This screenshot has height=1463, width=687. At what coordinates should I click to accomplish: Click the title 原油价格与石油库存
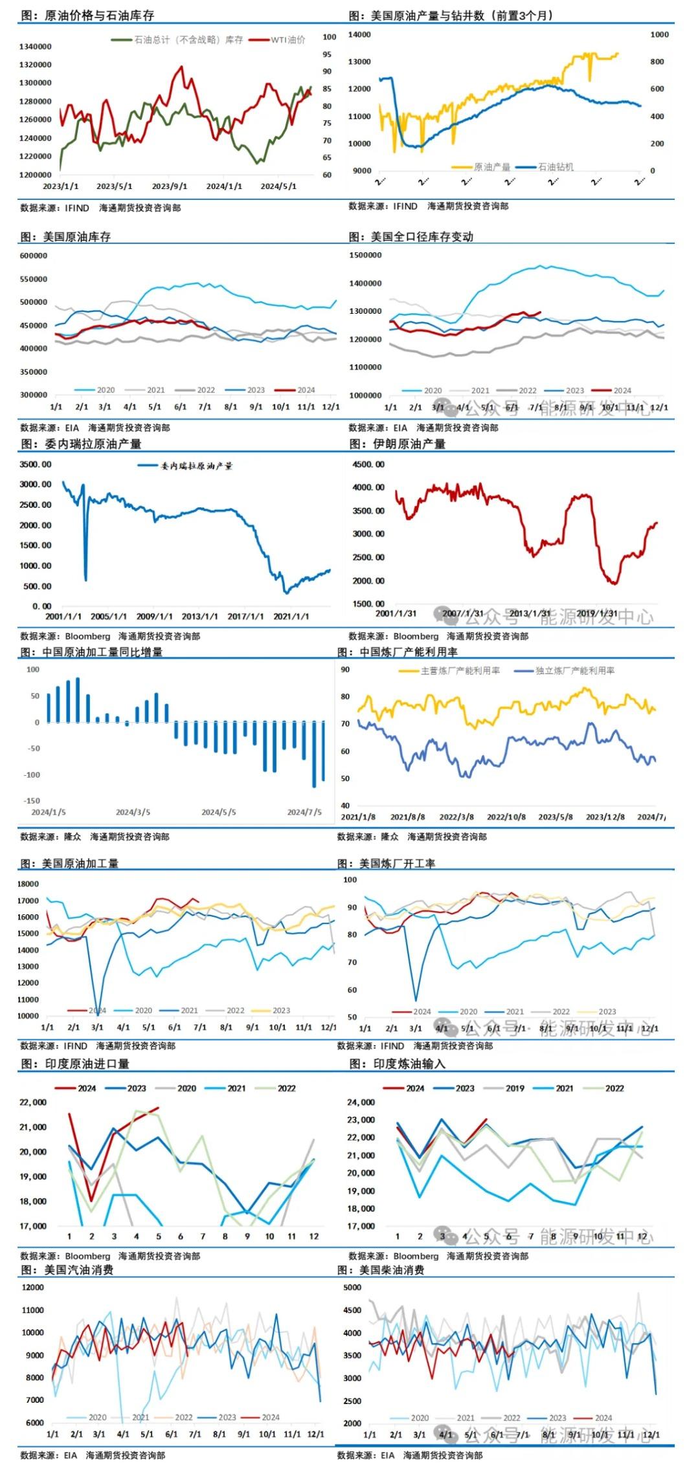tap(98, 15)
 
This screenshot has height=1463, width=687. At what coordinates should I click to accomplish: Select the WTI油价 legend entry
tap(287, 39)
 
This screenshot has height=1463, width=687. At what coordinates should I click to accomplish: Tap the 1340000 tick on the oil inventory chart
tap(35, 47)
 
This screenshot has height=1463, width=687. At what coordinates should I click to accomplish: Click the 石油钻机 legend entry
tap(556, 167)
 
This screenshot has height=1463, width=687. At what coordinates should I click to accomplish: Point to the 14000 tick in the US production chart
tap(359, 34)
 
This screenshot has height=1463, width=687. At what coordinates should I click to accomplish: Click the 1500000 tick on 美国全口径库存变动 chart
tap(365, 256)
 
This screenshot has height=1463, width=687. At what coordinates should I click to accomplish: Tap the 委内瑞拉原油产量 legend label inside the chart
tap(196, 466)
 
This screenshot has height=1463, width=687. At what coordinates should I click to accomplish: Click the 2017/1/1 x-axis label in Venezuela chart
tap(245, 617)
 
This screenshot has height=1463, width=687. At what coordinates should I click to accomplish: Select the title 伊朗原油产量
tap(409, 444)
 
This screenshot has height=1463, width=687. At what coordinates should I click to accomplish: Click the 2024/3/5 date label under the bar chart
tap(133, 812)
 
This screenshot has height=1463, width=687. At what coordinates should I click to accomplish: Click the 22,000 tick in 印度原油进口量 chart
tap(33, 1103)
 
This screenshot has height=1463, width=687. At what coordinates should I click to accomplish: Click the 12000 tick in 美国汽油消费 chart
tap(33, 1288)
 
